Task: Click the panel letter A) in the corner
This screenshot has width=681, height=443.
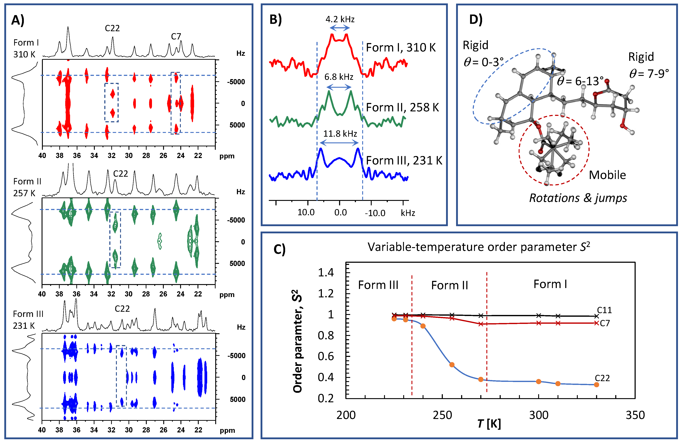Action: point(18,21)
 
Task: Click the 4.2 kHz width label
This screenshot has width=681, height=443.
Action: point(340,20)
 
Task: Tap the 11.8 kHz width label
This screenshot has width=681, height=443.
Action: point(340,134)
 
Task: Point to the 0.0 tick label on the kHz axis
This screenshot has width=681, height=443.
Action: point(340,213)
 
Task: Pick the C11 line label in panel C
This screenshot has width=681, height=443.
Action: point(604,310)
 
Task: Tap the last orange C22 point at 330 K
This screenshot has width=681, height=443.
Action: point(596,385)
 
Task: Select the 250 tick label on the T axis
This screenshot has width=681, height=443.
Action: point(442,415)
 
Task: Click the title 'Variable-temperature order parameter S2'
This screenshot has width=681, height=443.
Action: point(478,247)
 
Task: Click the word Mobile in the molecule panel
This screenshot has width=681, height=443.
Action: point(607,175)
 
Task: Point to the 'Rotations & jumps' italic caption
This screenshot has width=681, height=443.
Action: point(578,198)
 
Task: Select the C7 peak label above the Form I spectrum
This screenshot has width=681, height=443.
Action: point(176,36)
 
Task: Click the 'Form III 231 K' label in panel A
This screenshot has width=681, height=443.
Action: point(28,320)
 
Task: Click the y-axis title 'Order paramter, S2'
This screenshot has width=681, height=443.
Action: point(298,341)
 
